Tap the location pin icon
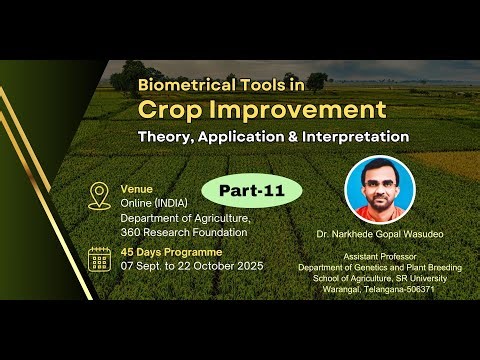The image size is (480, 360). (99, 195)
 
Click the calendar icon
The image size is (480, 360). (99, 258)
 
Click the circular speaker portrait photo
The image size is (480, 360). (379, 187)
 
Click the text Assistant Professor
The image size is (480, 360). (379, 256)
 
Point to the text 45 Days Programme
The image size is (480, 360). (170, 252)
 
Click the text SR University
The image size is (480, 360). (424, 278)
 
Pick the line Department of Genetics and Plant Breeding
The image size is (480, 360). (379, 267)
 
